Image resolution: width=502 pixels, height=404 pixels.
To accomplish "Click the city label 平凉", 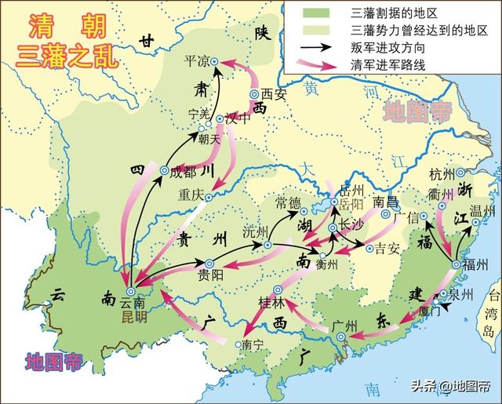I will coord(196,60).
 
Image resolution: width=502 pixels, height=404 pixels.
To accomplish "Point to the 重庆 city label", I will coord(190,194).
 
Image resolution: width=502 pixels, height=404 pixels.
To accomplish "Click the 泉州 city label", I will coord(460,295).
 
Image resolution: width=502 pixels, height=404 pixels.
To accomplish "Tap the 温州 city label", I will coord(481,211).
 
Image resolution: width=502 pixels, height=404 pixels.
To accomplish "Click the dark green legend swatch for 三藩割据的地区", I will coord(314,13).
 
